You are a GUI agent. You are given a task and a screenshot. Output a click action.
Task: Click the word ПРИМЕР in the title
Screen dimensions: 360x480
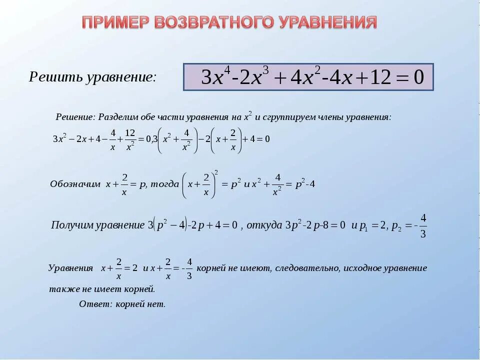114,22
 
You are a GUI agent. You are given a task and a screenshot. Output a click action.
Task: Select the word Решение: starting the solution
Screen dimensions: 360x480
75,117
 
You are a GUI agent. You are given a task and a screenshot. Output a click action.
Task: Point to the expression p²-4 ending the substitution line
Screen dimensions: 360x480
305,184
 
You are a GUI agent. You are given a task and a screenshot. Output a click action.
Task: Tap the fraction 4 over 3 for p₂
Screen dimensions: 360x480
423,226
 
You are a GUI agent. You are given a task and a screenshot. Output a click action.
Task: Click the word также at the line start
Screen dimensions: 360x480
62,289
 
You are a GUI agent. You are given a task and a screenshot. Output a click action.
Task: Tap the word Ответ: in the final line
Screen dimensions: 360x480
95,304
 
